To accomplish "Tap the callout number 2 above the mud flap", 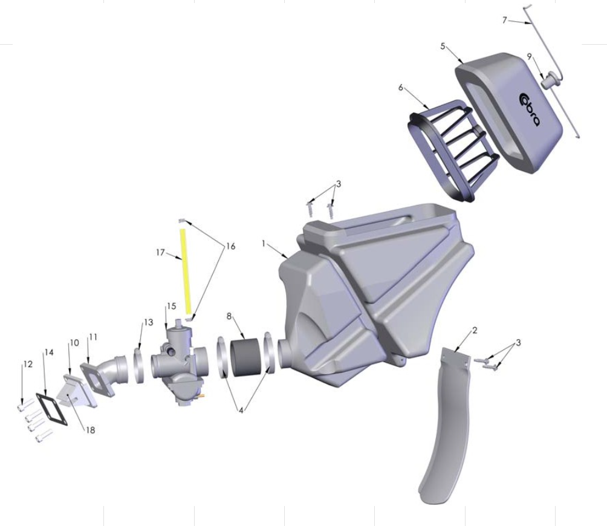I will point(475,330).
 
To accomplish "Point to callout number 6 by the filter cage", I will point(400,88).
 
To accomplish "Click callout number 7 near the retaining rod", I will point(505,21).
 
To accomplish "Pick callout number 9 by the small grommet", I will point(529,56).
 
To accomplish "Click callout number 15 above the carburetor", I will point(171,307).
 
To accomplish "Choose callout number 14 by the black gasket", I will point(49,352).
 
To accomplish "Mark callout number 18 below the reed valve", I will point(90,431).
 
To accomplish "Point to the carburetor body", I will point(176,360).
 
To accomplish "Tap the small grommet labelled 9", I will point(549,79).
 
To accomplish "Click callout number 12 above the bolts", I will point(27,364).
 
